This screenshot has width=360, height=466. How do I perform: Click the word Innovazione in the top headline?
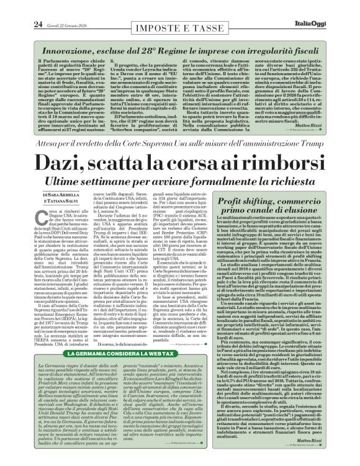[x=60, y=31]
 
